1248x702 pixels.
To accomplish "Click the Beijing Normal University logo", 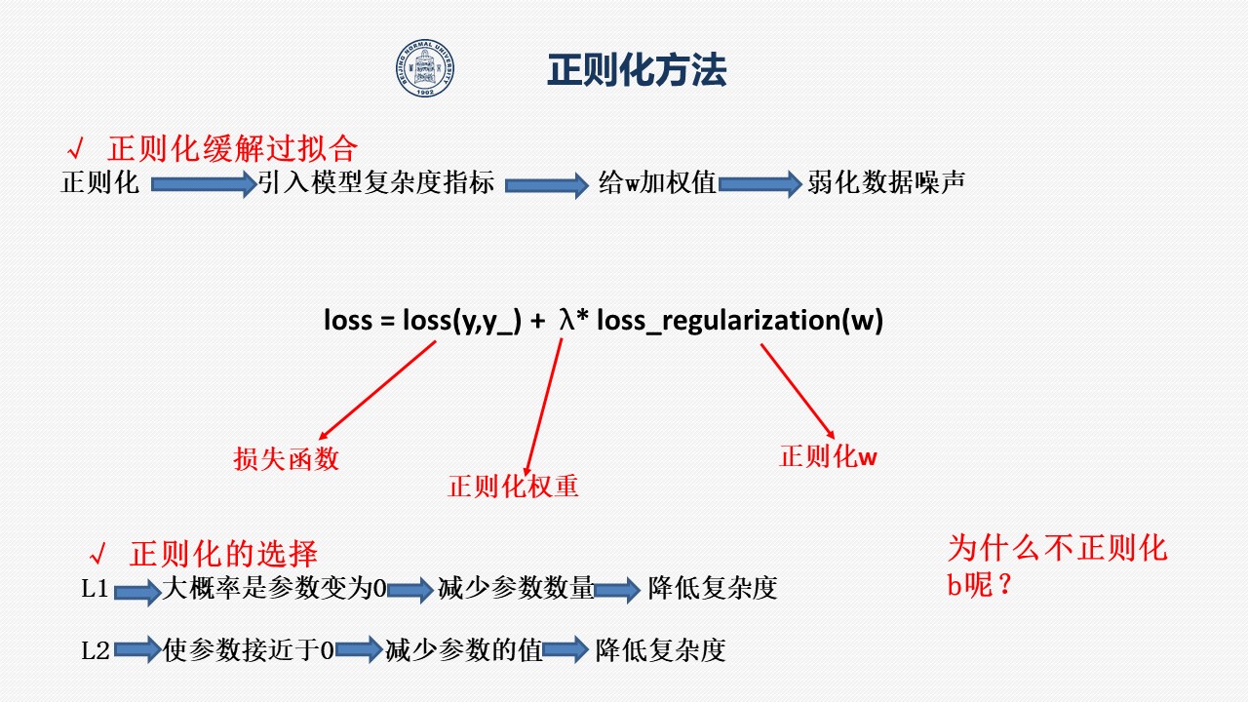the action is [425, 67].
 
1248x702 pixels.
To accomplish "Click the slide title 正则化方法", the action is [637, 70].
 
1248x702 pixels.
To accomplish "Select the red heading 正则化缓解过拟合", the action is [232, 149].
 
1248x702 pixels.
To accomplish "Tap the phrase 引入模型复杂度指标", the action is [376, 182].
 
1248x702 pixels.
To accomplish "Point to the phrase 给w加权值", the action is [657, 182].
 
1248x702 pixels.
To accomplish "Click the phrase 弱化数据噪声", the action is [886, 182].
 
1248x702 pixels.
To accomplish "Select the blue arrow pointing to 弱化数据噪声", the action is [760, 184].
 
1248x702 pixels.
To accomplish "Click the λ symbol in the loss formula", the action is [566, 321].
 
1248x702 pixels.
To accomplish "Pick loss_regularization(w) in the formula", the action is [740, 321].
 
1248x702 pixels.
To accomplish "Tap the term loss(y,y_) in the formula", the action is [462, 321].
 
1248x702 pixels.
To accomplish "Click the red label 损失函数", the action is [286, 459].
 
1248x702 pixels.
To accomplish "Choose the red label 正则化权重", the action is [513, 486].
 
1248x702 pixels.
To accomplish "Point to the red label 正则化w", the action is [828, 456].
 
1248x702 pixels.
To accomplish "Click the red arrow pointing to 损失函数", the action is [377, 390].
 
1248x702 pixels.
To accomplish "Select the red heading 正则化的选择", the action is [223, 554].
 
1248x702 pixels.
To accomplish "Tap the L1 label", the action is [95, 588].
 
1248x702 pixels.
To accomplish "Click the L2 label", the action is [96, 650].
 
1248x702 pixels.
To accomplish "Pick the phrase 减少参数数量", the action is [516, 588].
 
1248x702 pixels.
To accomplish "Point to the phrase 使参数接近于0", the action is [249, 650].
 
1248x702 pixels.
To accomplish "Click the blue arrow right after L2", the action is [137, 649].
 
